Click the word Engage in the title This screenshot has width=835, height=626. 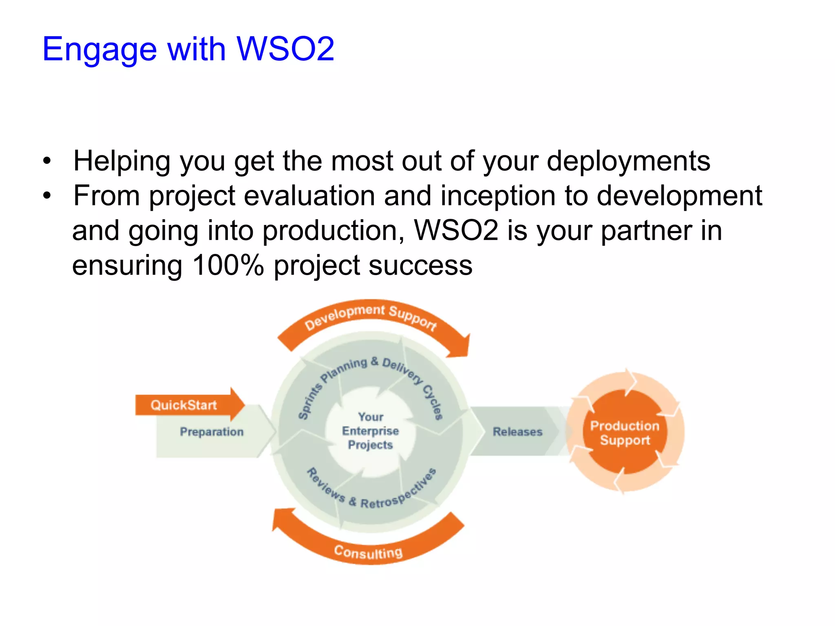pyautogui.click(x=99, y=50)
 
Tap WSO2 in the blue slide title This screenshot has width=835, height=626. pyautogui.click(x=285, y=49)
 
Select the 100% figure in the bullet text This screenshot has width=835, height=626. pyautogui.click(x=228, y=265)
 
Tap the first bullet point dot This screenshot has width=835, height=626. pyautogui.click(x=47, y=161)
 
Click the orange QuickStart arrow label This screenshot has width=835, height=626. pyautogui.click(x=184, y=405)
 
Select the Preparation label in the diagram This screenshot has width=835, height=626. pyautogui.click(x=212, y=432)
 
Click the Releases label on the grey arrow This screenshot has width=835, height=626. pyautogui.click(x=517, y=432)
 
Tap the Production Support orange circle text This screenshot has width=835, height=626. pyautogui.click(x=625, y=433)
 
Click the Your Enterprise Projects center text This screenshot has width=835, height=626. pyautogui.click(x=370, y=431)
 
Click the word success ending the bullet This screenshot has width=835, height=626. pyautogui.click(x=420, y=265)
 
